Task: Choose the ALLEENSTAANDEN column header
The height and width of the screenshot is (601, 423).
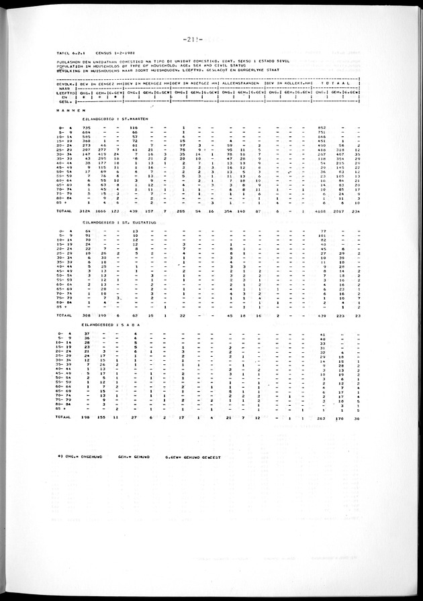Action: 239,83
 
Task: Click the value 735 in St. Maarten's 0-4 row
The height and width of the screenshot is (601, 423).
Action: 87,127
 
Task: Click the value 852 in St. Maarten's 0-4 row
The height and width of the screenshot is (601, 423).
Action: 322,127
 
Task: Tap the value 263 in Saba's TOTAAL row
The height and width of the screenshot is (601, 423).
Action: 322,417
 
